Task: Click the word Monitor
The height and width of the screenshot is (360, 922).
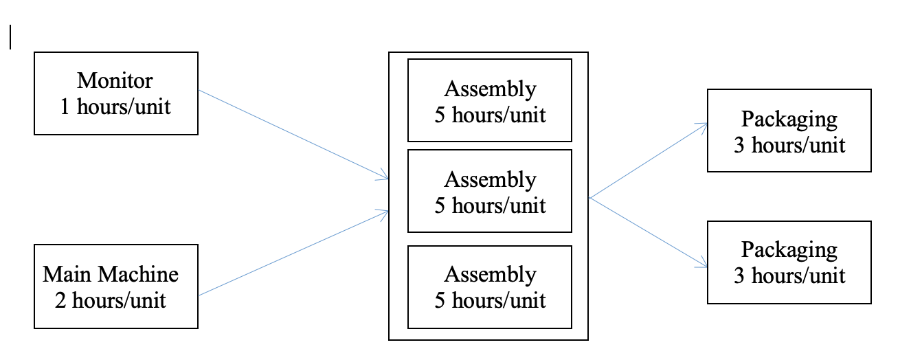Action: (x=115, y=80)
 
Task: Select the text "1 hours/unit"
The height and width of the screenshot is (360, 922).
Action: (x=115, y=106)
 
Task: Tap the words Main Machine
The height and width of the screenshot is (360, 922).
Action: (x=111, y=274)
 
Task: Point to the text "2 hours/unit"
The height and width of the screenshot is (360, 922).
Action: (x=115, y=300)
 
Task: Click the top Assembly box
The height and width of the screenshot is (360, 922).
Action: (x=489, y=100)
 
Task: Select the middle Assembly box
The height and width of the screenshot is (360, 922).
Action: (x=489, y=191)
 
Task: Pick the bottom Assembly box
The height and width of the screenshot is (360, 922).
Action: (x=489, y=286)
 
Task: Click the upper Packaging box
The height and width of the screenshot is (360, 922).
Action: (x=789, y=131)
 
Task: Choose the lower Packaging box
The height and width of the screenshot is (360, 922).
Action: (x=789, y=262)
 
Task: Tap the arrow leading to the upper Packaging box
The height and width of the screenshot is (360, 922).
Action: (x=649, y=161)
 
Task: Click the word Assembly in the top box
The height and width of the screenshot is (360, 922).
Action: (x=490, y=89)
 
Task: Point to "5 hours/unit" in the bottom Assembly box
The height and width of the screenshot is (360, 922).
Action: (x=490, y=300)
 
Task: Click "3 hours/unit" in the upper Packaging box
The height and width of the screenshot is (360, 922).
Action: (x=789, y=145)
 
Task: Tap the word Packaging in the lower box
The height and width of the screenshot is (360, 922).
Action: (x=789, y=249)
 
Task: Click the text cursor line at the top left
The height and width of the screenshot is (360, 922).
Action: (x=10, y=37)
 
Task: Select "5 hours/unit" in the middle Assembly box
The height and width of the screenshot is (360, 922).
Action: (x=490, y=205)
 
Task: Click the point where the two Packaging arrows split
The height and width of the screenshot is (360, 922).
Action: (x=590, y=198)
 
